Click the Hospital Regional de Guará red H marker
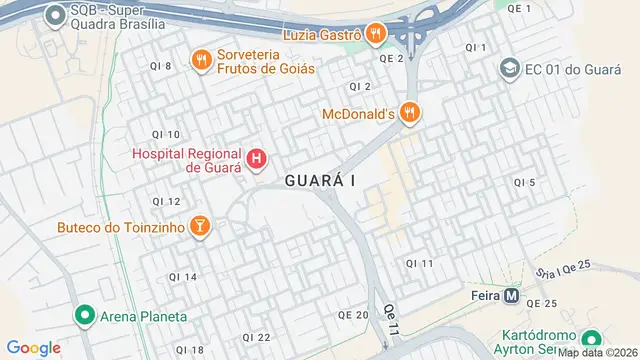(257, 158)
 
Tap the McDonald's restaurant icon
(408, 114)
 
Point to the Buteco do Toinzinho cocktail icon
(200, 227)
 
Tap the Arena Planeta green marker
(86, 316)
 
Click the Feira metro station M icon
(511, 296)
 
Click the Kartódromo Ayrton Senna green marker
(591, 340)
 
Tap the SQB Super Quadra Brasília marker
(54, 15)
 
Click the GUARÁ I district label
(320, 181)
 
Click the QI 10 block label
(166, 134)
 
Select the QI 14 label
(182, 276)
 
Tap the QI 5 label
(525, 182)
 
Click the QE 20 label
(353, 314)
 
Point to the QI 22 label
(257, 337)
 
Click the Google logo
(33, 347)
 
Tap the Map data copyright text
(597, 353)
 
